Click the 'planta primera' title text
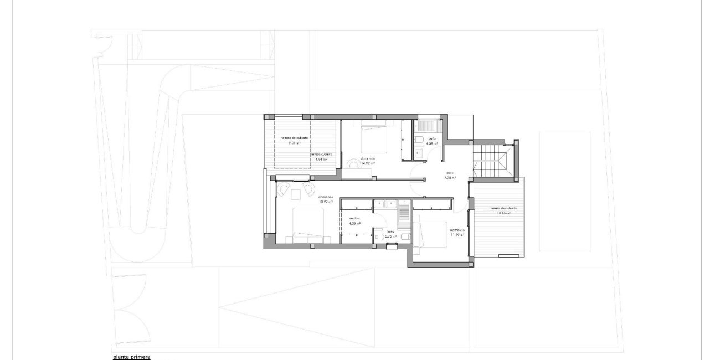[131, 357]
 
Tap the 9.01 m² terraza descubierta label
[291, 140]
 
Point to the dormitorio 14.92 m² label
[368, 161]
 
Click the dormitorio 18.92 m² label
[325, 199]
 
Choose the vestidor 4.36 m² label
[354, 221]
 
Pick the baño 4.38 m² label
[432, 141]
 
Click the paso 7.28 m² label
[450, 176]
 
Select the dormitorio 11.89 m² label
[457, 232]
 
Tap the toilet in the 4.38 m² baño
[420, 138]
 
